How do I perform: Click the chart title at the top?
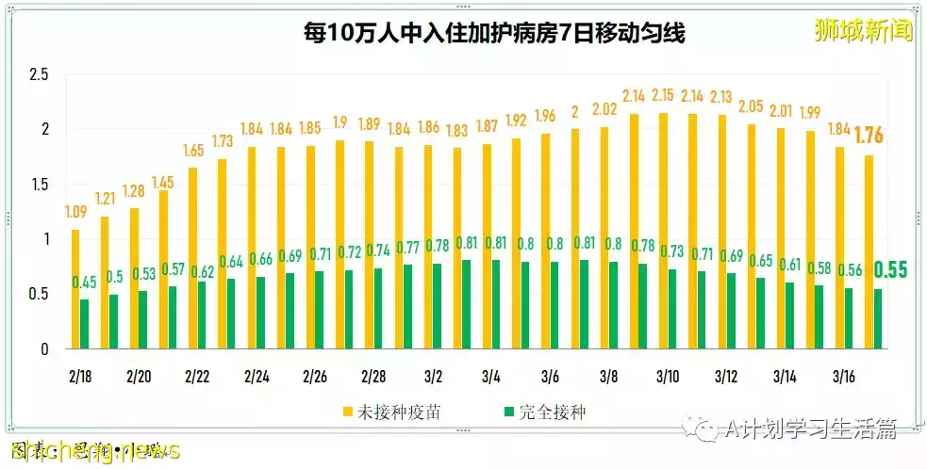pos(493,34)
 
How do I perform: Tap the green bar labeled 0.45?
pos(85,324)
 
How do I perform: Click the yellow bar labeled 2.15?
pos(664,231)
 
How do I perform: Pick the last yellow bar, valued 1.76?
pos(869,251)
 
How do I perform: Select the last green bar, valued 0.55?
pos(878,318)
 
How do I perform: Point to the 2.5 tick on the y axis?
pos(40,74)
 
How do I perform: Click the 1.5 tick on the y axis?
pos(40,185)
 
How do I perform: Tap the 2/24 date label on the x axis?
pos(257,377)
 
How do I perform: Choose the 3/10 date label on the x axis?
pos(668,377)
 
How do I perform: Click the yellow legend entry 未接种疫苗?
pos(383,412)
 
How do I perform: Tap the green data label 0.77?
pos(408,249)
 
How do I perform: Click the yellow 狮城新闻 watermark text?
pos(863,31)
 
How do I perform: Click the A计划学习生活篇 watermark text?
pos(811,429)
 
